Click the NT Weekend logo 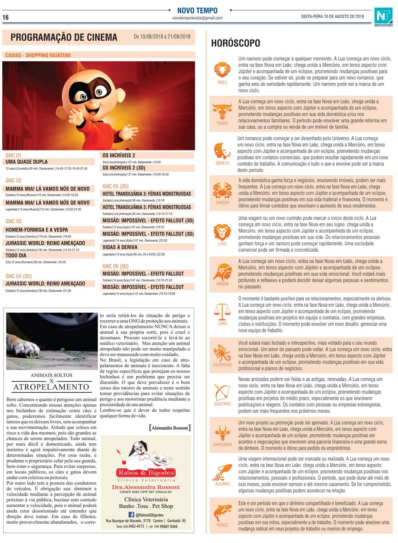[383, 17]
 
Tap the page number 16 [5, 17]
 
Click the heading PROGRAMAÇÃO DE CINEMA [64, 37]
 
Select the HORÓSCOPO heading [235, 43]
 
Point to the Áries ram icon [222, 70]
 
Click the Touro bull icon [222, 111]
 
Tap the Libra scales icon [222, 312]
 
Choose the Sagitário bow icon [222, 392]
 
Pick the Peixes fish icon [222, 513]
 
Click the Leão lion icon [222, 232]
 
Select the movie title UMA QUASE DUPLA [27, 162]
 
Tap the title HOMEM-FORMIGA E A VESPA [37, 230]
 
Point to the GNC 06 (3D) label [115, 266]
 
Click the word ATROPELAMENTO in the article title [52, 387]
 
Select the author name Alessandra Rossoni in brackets [170, 428]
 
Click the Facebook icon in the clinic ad [131, 514]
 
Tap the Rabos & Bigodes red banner [146, 473]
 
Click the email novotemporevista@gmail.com [197, 18]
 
